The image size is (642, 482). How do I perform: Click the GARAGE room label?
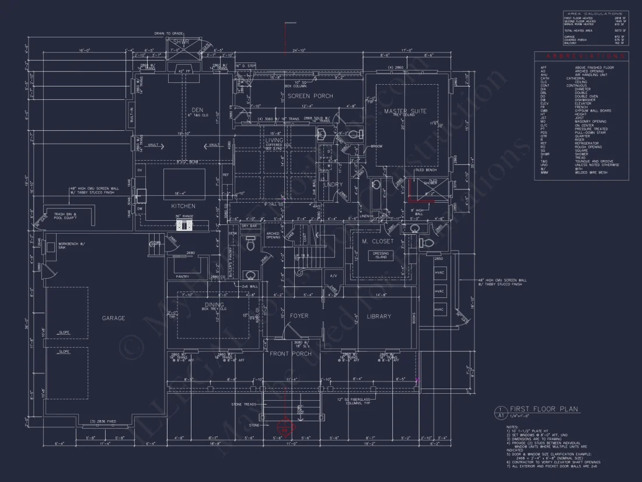pos(113,318)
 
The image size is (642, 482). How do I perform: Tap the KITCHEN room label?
pos(183,206)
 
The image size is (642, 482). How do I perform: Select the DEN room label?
pos(197,109)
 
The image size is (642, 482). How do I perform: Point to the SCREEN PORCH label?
pos(310,96)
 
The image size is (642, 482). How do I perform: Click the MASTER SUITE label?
pos(405,111)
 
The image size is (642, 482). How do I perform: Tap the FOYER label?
pos(299,316)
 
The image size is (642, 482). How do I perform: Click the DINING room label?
pos(214,304)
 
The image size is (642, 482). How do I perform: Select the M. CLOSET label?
pos(378,241)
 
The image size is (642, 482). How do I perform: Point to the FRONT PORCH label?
pos(290,353)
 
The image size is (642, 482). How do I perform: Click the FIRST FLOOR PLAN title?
pos(543,409)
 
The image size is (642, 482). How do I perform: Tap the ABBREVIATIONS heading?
pos(581,56)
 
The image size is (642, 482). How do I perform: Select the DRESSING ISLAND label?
pos(381,255)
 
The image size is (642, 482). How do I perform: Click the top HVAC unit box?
pos(439,273)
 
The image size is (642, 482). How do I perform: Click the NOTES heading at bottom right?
pos(512,427)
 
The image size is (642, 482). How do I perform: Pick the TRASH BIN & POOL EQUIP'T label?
pos(66,216)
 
